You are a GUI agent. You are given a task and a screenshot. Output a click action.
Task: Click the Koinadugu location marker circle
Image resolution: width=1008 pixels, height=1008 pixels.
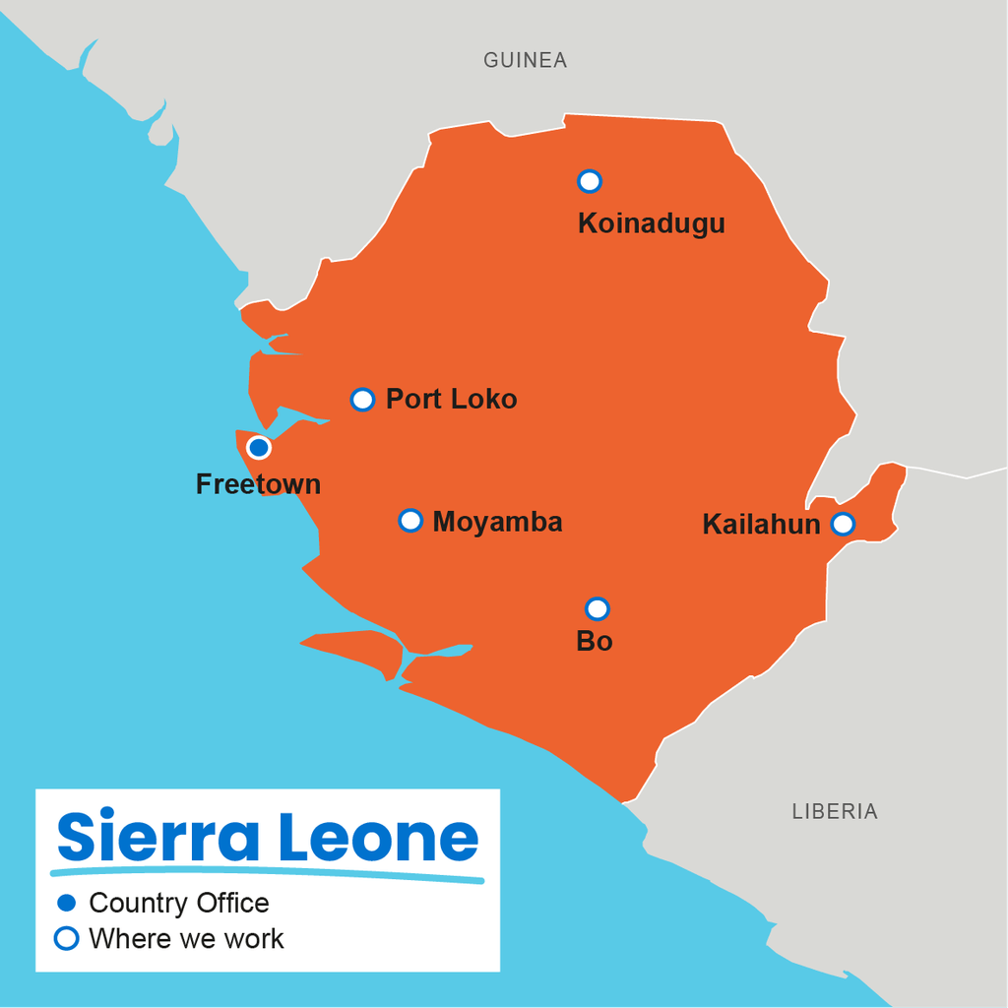pyautogui.click(x=590, y=181)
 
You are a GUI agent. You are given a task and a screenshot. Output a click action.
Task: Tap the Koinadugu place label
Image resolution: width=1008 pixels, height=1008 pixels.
pyautogui.click(x=651, y=223)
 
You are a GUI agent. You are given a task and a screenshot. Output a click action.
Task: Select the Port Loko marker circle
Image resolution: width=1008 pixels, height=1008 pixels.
pyautogui.click(x=363, y=399)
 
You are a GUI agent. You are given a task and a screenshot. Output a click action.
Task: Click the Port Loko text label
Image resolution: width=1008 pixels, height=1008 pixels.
pyautogui.click(x=451, y=399)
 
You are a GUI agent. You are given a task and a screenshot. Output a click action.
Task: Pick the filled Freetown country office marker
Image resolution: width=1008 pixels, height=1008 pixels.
pyautogui.click(x=259, y=448)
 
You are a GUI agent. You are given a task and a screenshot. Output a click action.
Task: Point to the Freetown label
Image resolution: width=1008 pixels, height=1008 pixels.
pyautogui.click(x=258, y=484)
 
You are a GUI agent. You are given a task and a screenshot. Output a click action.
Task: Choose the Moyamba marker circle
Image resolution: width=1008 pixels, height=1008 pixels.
pyautogui.click(x=410, y=521)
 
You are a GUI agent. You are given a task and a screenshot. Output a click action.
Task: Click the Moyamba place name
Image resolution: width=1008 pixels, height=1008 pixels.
pyautogui.click(x=497, y=522)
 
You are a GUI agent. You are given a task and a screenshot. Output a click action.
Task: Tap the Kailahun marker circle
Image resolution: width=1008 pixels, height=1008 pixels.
pyautogui.click(x=843, y=524)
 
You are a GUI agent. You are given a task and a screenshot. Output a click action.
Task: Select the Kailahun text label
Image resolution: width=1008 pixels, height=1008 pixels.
pyautogui.click(x=761, y=525)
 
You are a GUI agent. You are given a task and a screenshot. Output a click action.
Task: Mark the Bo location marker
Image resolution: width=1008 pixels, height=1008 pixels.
pyautogui.click(x=597, y=609)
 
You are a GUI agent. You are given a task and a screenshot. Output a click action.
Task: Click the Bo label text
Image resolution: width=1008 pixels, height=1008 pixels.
pyautogui.click(x=595, y=642)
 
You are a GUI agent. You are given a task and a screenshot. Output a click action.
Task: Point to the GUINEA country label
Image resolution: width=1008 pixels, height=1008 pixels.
pyautogui.click(x=525, y=61)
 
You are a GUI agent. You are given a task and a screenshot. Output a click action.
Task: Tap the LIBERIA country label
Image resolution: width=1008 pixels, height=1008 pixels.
pyautogui.click(x=835, y=812)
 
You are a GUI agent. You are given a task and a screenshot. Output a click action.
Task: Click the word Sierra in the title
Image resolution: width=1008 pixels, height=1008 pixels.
pyautogui.click(x=157, y=838)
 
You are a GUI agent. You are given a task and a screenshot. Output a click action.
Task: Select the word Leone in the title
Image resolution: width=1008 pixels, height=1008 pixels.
pyautogui.click(x=378, y=838)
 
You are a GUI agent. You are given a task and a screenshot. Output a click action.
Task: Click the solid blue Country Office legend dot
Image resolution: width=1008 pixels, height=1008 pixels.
pyautogui.click(x=66, y=903)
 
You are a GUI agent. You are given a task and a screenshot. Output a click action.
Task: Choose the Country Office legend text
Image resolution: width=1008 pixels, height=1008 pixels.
pyautogui.click(x=178, y=903)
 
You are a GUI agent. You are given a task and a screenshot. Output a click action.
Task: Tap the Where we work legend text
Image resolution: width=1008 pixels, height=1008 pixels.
pyautogui.click(x=186, y=939)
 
